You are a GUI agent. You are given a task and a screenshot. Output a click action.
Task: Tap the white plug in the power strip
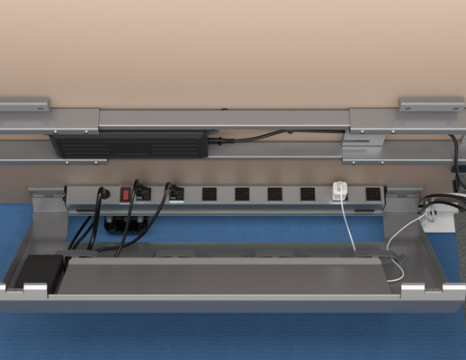click(x=340, y=191)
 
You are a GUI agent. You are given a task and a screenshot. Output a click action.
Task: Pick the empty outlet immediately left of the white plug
click(x=308, y=193)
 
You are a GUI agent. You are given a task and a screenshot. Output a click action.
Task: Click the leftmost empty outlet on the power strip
click(x=209, y=193)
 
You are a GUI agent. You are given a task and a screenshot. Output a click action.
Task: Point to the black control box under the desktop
click(x=135, y=144)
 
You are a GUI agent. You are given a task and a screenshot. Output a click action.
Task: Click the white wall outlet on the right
click(x=437, y=218)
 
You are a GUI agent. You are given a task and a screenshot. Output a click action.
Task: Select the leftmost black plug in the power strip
click(x=103, y=193)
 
